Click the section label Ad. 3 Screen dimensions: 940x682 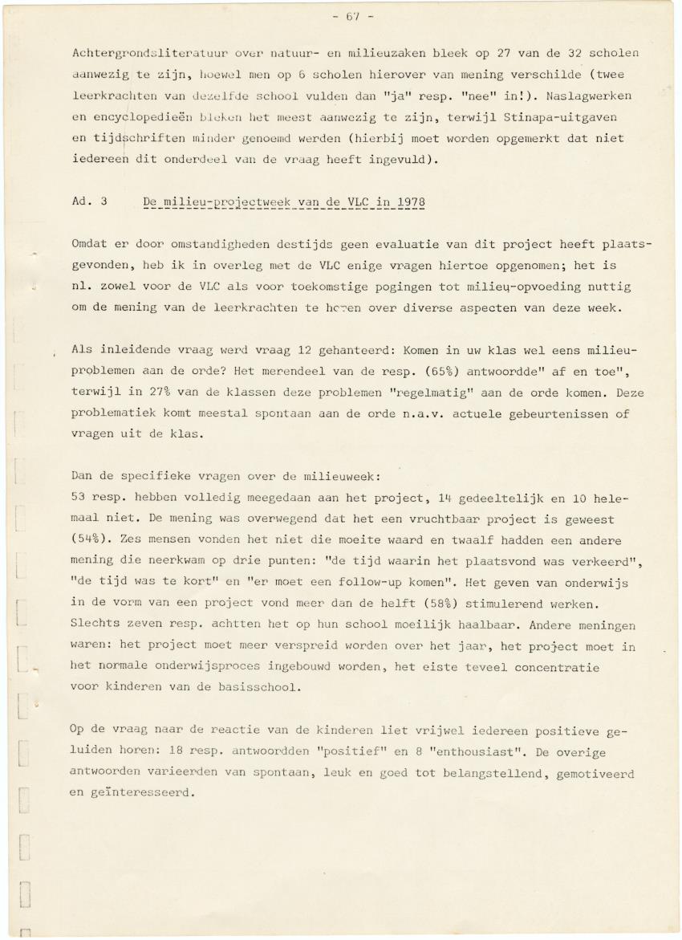[x=89, y=201]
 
